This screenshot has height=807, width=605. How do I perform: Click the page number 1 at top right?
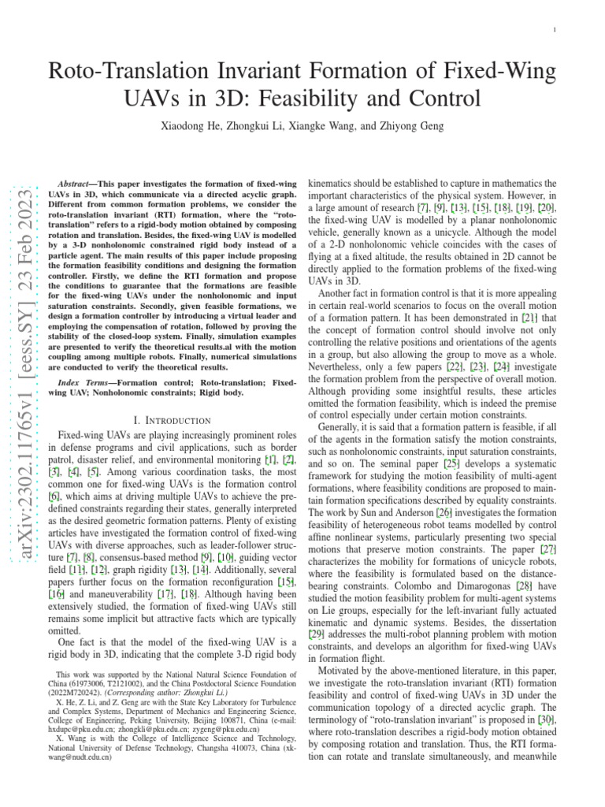[x=555, y=30]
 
